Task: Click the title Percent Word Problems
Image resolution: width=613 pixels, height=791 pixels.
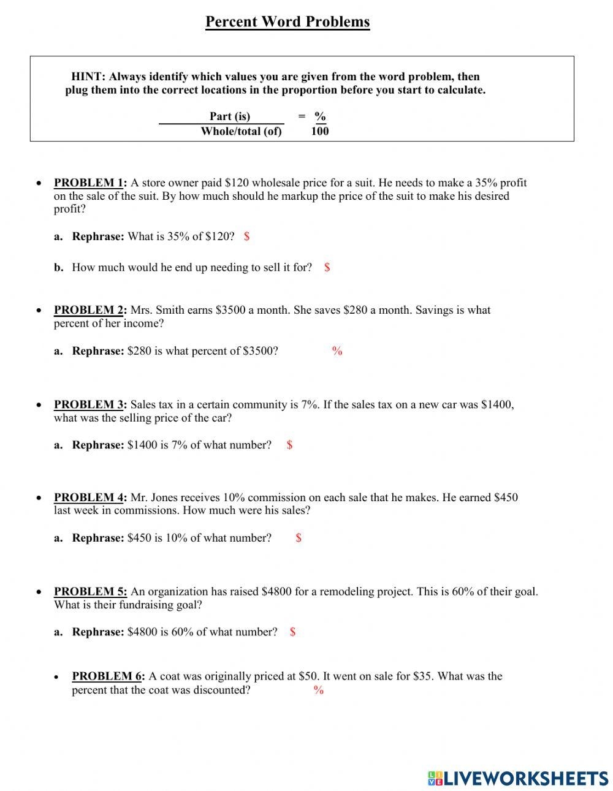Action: point(287,22)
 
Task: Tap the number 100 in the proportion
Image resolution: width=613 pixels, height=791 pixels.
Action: point(320,131)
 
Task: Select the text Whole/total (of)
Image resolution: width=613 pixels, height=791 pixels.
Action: point(241,131)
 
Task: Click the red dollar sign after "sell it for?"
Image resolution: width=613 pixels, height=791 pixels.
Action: point(327,267)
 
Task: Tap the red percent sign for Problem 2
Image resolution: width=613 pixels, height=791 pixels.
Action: point(337,351)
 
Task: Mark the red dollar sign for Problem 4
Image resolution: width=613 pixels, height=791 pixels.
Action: point(299,538)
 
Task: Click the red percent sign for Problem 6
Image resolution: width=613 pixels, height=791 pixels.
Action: point(319,690)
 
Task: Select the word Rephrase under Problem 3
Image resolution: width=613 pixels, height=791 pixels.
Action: point(98,445)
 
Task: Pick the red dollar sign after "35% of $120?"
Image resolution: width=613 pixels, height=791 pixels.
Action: point(246,237)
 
